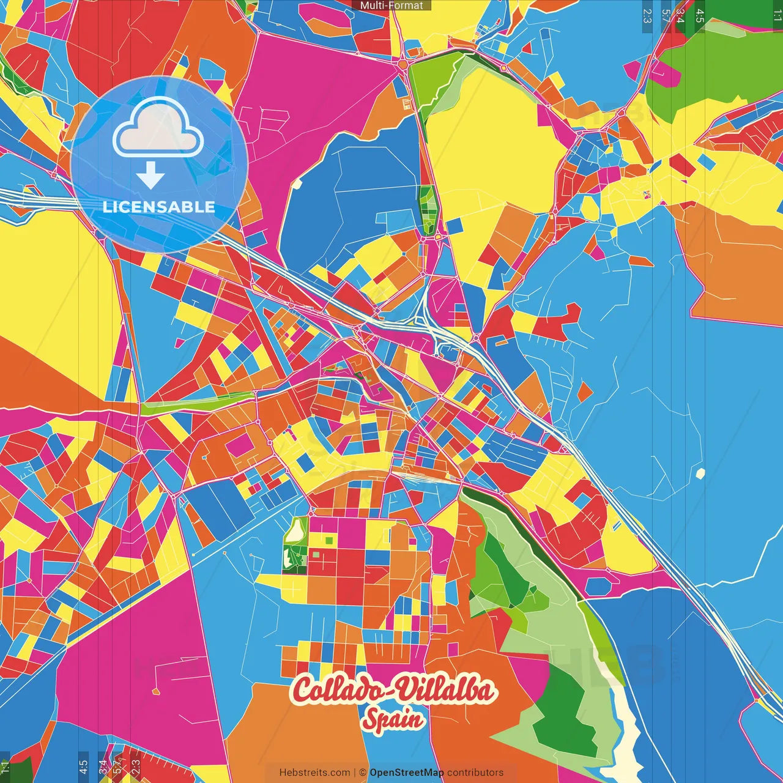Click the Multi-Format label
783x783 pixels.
click(x=391, y=6)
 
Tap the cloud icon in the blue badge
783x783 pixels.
click(x=158, y=130)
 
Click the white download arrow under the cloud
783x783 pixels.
click(x=150, y=176)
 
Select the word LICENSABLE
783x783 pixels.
click(x=159, y=207)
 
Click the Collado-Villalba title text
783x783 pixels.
click(x=393, y=690)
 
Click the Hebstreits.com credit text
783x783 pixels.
click(x=314, y=773)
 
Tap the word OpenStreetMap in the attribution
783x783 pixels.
click(x=407, y=773)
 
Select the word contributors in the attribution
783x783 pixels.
click(x=475, y=773)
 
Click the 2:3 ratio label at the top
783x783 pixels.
click(x=647, y=16)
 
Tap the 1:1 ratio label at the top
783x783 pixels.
click(x=777, y=16)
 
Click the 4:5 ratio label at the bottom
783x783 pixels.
click(x=83, y=766)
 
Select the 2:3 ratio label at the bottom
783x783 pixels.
click(x=135, y=766)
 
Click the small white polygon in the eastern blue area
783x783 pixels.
click(x=700, y=473)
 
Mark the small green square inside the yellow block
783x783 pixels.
click(x=329, y=540)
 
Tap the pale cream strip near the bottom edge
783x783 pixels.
click(x=624, y=734)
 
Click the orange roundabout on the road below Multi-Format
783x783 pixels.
click(x=403, y=63)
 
